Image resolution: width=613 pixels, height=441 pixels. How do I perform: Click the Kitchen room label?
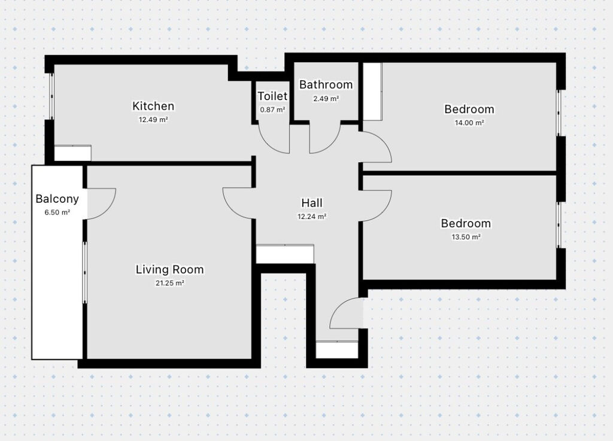153,106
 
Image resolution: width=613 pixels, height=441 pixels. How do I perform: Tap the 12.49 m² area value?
153,120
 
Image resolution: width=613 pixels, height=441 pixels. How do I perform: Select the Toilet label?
272,96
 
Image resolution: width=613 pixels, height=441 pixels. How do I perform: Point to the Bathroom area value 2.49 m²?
326,99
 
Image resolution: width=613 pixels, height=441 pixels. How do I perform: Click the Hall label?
312,203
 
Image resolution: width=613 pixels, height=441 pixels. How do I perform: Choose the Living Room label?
169,269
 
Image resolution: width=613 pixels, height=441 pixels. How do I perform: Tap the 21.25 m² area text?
169,283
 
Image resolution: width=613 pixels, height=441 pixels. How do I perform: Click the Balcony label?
57,199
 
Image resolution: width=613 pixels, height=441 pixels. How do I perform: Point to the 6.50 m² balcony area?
57,212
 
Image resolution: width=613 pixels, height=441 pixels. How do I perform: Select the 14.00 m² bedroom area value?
469,123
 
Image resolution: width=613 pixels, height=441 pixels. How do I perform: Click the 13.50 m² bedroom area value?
466,237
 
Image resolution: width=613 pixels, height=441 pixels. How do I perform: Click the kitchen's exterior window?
51,96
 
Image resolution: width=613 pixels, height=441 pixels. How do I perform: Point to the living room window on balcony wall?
84,272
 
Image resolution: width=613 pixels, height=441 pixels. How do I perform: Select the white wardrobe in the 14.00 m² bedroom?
372,92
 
